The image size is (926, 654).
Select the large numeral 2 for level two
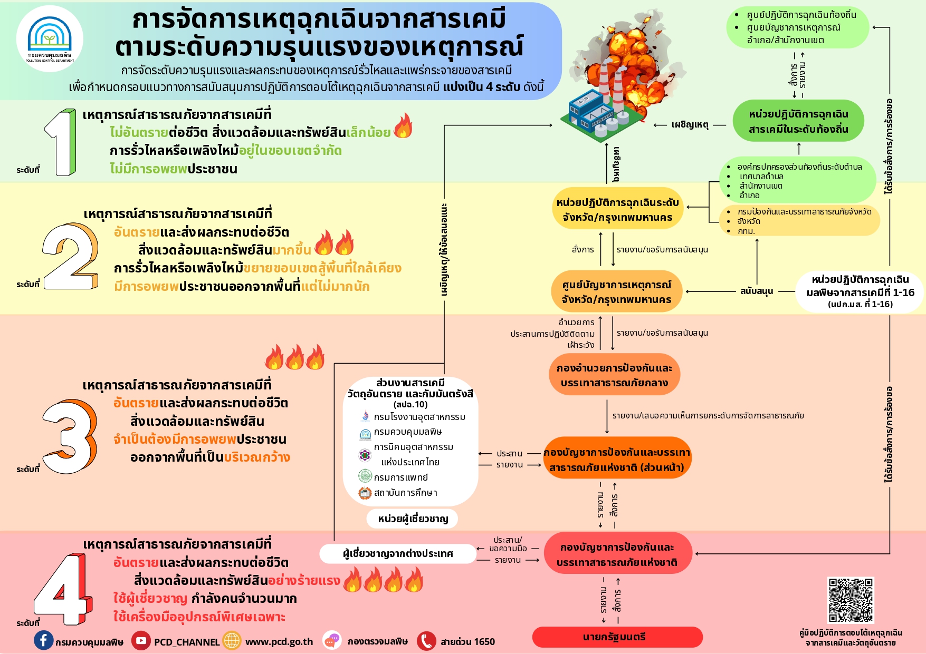71,257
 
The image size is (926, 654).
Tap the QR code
851,600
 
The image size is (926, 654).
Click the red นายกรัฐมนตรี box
617,637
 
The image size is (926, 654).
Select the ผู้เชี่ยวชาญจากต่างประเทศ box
398,554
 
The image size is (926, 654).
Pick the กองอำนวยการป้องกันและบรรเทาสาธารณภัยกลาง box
614,375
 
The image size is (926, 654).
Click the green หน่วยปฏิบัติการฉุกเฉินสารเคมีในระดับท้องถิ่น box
798,122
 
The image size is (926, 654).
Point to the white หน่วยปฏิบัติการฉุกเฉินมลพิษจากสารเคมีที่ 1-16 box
860,291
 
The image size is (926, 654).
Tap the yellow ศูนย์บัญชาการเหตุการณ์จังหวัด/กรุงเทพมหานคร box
616,292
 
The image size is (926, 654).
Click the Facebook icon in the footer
43,641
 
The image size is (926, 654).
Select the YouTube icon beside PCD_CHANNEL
141,641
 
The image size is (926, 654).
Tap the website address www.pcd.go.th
279,641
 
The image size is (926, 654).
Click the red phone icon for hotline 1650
426,641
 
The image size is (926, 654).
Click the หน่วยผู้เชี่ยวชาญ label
413,519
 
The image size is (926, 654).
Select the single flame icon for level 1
403,126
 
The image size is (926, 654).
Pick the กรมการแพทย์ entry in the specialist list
400,477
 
